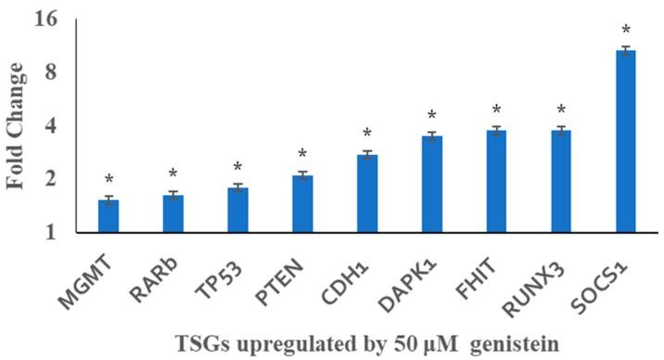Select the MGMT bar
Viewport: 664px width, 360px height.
[109, 216]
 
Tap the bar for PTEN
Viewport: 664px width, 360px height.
[302, 204]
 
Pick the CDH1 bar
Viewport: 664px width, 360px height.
[367, 193]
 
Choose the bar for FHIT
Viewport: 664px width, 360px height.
[496, 181]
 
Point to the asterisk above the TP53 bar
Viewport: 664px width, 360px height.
[237, 168]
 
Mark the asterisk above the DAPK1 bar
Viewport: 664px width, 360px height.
[431, 117]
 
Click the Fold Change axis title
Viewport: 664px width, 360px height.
[17, 125]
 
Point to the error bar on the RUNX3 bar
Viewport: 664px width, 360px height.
[561, 131]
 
